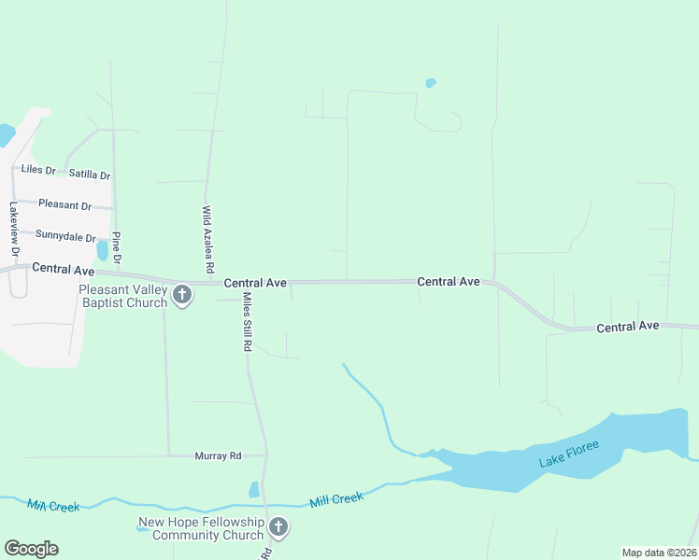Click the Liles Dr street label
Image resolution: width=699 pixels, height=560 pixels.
click(38, 171)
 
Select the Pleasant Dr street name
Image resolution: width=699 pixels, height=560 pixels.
click(64, 204)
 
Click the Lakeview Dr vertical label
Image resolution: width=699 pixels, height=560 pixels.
click(14, 230)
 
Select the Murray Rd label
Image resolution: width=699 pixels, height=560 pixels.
click(218, 455)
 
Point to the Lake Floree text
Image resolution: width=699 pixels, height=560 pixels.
click(568, 453)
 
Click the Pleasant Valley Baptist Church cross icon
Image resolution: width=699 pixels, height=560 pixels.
click(182, 296)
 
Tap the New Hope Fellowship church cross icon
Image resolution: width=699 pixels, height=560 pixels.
click(278, 529)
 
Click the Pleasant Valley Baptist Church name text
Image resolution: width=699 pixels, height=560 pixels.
click(122, 296)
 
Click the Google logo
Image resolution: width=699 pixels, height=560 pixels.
click(31, 549)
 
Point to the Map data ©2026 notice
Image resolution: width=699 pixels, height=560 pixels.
click(659, 553)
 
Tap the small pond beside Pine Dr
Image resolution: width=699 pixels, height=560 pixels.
click(102, 250)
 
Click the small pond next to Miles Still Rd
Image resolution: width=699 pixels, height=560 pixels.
click(254, 489)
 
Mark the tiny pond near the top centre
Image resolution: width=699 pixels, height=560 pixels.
click(431, 83)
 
